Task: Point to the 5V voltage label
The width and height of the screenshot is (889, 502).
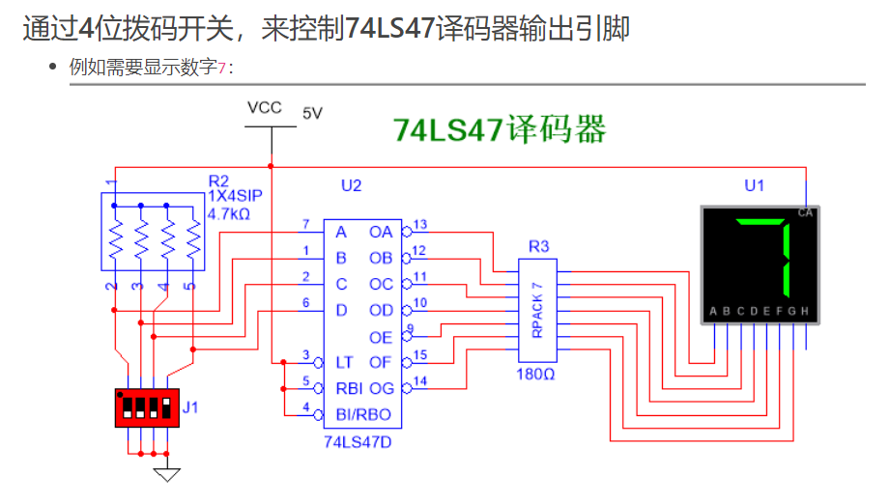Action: point(312,113)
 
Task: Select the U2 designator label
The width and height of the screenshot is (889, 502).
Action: point(351,184)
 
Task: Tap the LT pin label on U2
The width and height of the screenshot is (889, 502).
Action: point(343,362)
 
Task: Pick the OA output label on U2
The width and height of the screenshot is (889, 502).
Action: point(381,232)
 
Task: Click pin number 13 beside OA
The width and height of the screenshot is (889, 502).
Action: point(419,225)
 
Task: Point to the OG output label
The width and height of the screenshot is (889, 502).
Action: point(381,388)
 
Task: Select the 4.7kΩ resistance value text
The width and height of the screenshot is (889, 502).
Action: point(229,212)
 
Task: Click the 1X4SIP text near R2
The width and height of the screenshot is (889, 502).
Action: point(235,196)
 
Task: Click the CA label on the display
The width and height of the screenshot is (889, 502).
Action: point(805,212)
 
